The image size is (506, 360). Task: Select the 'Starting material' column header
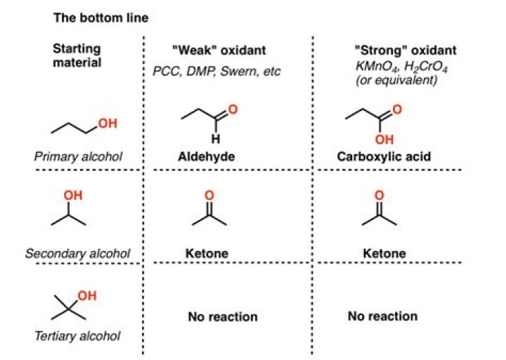tap(77, 56)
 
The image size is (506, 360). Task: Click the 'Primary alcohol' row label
tap(78, 157)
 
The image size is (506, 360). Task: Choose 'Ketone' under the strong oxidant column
tap(384, 252)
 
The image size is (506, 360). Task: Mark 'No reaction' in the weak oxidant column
tap(223, 317)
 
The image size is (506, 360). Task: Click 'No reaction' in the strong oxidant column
tap(382, 316)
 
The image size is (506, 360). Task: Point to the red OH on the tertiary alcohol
tap(86, 297)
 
